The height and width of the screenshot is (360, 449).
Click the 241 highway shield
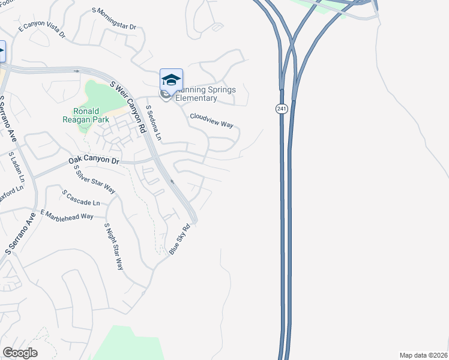[282, 109]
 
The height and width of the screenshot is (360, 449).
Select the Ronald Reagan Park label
[90, 115]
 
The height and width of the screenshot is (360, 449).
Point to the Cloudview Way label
[211, 120]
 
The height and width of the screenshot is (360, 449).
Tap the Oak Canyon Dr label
[94, 160]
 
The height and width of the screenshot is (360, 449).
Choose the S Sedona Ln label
[154, 124]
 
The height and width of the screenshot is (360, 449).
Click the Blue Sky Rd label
[179, 240]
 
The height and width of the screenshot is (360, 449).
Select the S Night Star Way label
[113, 246]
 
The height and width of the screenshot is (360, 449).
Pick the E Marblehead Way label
[67, 214]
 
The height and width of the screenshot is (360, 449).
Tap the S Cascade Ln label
[81, 197]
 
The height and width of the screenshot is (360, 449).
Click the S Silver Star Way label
[94, 178]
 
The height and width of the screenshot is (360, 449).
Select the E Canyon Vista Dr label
[41, 31]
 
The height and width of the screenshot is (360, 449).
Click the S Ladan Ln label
[16, 168]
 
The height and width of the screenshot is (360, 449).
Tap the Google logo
[20, 353]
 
